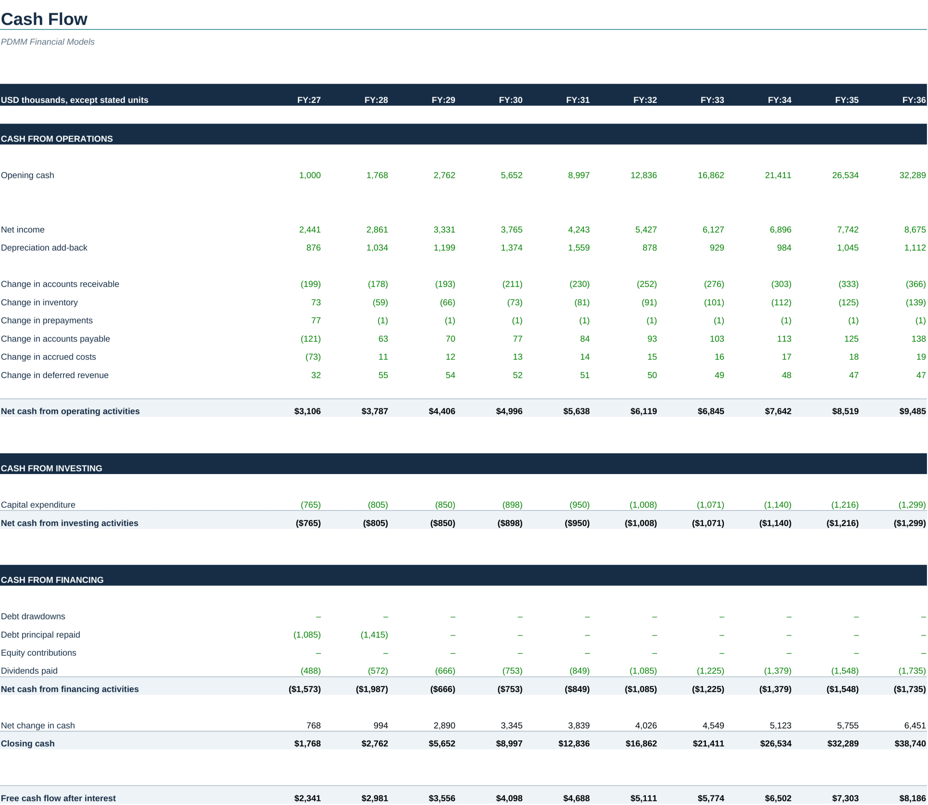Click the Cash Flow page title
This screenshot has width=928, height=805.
tap(44, 19)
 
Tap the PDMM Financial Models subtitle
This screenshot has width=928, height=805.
tap(47, 42)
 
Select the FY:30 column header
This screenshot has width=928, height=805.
tap(510, 100)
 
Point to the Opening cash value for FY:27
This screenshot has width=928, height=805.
tap(310, 175)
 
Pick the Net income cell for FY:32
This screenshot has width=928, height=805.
tap(646, 229)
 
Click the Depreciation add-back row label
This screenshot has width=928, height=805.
tap(44, 248)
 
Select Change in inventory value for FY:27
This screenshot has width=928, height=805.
tap(316, 302)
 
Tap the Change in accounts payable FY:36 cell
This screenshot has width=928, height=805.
tap(918, 339)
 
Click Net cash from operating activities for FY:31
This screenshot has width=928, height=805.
tap(576, 411)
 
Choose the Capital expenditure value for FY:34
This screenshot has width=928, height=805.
tap(778, 505)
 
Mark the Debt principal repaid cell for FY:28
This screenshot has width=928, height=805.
tap(374, 635)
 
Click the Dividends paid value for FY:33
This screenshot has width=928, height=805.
tap(710, 671)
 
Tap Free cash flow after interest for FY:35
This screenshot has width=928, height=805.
tap(845, 798)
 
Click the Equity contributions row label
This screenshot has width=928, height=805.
tap(39, 653)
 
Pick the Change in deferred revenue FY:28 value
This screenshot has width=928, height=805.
tap(383, 375)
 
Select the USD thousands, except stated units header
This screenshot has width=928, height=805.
tap(75, 100)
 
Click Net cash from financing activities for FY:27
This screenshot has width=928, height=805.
tap(304, 689)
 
